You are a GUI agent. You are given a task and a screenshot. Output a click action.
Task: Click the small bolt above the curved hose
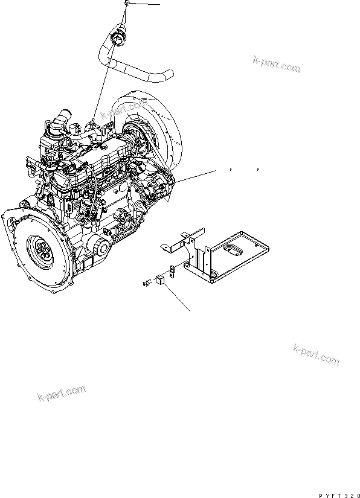click(x=127, y=3)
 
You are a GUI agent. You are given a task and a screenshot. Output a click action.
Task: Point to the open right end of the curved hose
click(x=170, y=74)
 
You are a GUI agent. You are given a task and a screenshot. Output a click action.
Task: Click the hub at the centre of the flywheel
click(x=43, y=251)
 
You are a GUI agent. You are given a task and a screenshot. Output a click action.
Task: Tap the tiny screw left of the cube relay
click(x=147, y=282)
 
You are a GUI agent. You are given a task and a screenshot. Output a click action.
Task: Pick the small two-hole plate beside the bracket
click(x=172, y=271)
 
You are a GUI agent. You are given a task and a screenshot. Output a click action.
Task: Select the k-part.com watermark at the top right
click(x=277, y=64)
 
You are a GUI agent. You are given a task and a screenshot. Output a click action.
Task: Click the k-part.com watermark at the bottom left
click(x=62, y=393)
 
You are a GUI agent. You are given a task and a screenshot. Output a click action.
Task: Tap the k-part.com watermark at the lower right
click(x=316, y=355)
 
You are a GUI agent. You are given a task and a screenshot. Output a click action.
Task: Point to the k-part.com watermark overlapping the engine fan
click(x=124, y=109)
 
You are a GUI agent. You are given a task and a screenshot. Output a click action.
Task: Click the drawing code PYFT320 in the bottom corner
click(x=339, y=496)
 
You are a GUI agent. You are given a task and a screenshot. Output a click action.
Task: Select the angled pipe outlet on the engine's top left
click(x=62, y=118)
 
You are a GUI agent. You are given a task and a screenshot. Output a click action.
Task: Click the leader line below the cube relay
click(x=178, y=298)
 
